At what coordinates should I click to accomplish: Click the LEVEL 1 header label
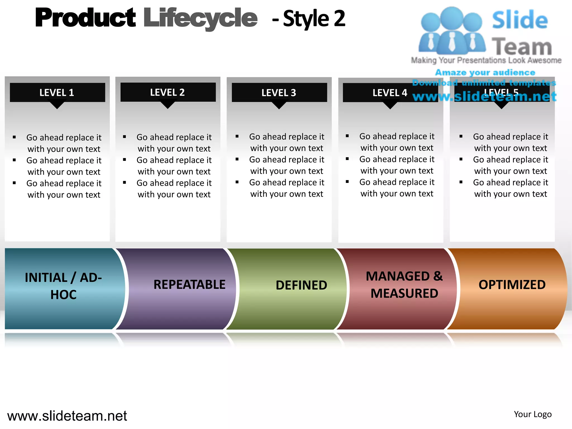(x=57, y=93)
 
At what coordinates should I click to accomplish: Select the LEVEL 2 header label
(x=167, y=92)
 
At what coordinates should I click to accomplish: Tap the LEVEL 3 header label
(x=279, y=93)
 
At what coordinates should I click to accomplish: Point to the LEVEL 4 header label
(x=390, y=93)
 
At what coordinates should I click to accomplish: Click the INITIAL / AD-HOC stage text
(x=63, y=286)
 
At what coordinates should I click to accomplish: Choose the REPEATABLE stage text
(x=189, y=285)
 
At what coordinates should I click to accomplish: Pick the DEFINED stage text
(x=301, y=285)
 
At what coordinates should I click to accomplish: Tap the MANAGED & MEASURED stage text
(x=404, y=285)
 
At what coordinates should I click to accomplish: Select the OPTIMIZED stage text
(x=512, y=285)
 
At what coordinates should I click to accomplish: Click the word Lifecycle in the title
(x=200, y=18)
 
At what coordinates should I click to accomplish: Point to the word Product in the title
(x=85, y=18)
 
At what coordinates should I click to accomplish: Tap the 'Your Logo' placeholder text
(x=533, y=414)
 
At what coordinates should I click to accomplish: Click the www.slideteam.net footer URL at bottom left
(x=67, y=416)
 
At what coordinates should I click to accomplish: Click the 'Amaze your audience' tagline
(x=485, y=73)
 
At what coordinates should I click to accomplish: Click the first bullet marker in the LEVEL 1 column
(x=14, y=137)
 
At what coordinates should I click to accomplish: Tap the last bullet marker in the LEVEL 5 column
(x=461, y=182)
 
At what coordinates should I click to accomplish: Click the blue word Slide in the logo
(x=520, y=20)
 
